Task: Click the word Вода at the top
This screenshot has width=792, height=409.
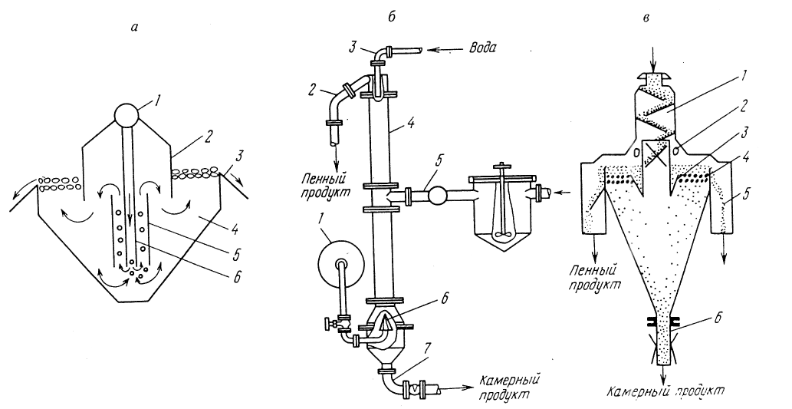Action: pyautogui.click(x=481, y=48)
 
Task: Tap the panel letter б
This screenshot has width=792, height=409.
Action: pyautogui.click(x=392, y=16)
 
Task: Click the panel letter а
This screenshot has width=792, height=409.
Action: pyautogui.click(x=134, y=28)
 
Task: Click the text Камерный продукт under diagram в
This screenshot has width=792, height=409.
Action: pyautogui.click(x=666, y=391)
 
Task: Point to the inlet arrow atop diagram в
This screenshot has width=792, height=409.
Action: pyautogui.click(x=653, y=64)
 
